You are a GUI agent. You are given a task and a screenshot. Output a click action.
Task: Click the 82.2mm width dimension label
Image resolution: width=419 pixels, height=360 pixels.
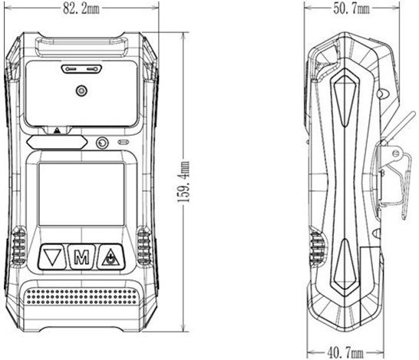(x=81, y=8)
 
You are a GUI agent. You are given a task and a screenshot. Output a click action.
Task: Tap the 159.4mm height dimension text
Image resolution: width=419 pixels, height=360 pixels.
(x=183, y=182)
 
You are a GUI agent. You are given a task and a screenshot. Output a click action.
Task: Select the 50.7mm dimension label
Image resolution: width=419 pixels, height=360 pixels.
(x=351, y=8)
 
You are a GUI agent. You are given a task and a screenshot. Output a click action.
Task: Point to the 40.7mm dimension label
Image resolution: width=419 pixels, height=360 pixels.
(x=345, y=353)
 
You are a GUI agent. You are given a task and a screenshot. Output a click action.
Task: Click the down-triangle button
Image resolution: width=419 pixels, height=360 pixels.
(x=52, y=257)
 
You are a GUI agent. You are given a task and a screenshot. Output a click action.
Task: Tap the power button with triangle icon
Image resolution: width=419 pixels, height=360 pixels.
(x=111, y=257)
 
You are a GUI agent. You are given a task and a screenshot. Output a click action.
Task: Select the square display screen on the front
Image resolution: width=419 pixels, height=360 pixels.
(x=81, y=194)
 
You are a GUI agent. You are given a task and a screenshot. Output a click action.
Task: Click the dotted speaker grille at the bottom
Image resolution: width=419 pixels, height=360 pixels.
(x=81, y=296)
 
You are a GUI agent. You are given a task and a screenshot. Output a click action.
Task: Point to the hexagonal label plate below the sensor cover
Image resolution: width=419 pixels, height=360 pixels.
(x=57, y=142)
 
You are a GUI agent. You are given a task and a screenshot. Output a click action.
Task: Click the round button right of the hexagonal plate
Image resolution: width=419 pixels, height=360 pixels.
(x=102, y=143)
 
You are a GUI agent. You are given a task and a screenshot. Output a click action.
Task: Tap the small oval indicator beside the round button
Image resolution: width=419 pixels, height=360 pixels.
(x=124, y=142)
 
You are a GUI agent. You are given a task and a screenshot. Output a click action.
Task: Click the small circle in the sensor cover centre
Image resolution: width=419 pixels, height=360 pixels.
(x=81, y=91)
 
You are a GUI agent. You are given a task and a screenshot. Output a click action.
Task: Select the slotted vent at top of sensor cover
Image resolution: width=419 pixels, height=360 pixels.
(x=81, y=69)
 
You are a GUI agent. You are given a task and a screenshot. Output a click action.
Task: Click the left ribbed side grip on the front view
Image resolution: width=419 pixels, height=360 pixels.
(x=18, y=246)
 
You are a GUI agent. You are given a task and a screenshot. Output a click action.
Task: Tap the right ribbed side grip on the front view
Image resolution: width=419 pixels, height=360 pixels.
(x=144, y=246)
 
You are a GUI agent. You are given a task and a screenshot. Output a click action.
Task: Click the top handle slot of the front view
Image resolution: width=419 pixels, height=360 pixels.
(x=81, y=48)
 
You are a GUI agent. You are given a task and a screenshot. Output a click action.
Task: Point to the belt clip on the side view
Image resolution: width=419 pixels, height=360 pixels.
(x=395, y=171)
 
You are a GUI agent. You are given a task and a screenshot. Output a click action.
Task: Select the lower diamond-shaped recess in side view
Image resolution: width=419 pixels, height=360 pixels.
(x=345, y=266)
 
